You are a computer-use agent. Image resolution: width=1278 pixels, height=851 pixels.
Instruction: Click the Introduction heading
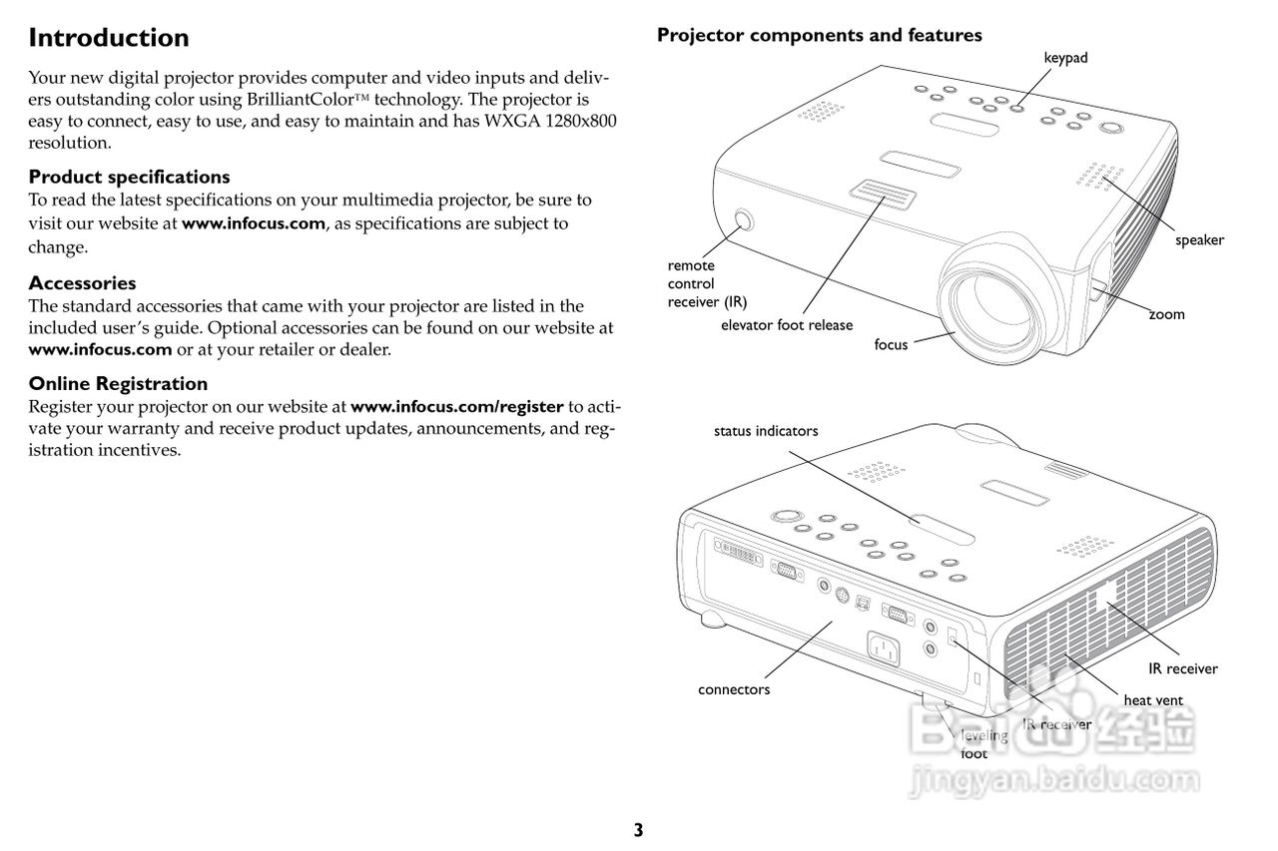click(x=108, y=38)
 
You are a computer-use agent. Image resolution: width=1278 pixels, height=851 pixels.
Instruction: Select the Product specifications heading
click(x=129, y=177)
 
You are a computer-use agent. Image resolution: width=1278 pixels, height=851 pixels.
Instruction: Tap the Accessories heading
click(x=82, y=282)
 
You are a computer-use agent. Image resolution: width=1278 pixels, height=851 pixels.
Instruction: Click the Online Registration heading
click(x=118, y=383)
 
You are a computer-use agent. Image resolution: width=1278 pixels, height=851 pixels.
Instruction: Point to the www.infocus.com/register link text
click(x=457, y=406)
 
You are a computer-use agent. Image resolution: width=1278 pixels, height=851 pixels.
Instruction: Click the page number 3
click(x=638, y=829)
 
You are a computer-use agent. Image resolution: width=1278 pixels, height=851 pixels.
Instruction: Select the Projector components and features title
click(x=819, y=36)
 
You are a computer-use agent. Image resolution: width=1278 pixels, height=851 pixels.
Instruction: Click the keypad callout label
click(x=1065, y=58)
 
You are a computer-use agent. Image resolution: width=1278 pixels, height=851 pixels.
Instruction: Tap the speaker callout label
click(x=1198, y=239)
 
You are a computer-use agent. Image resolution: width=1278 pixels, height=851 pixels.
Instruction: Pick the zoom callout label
click(x=1166, y=314)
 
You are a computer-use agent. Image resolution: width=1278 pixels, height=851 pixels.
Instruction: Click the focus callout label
click(x=891, y=344)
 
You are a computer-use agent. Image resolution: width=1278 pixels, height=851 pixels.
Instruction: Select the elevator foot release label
click(x=787, y=324)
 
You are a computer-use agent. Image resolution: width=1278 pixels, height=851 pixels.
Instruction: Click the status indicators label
click(x=765, y=431)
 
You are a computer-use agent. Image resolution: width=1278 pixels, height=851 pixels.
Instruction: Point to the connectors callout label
click(x=734, y=689)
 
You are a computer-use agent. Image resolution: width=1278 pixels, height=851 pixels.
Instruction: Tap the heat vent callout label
click(x=1152, y=700)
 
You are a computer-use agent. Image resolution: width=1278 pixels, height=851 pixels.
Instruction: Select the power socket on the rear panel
click(x=885, y=650)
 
